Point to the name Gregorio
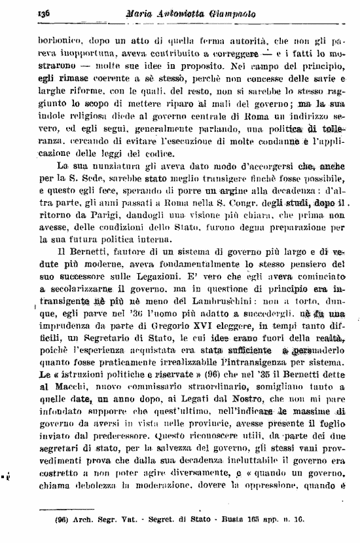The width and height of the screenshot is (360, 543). point(167,329)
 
